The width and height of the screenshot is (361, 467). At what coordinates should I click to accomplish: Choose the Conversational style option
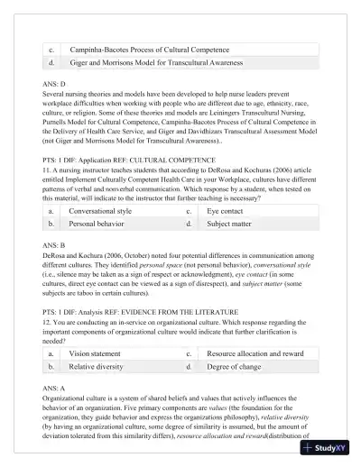100,210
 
